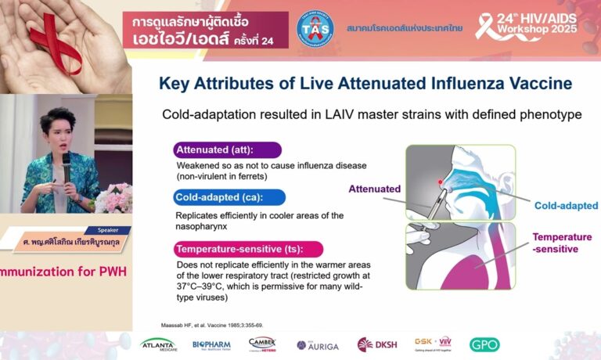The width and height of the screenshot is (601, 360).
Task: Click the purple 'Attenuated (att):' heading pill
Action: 227,150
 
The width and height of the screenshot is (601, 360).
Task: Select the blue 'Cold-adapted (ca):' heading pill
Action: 229,197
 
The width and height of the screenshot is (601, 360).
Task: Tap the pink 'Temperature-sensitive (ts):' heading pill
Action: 248,250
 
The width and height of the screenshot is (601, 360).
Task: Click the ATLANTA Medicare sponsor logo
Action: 158,344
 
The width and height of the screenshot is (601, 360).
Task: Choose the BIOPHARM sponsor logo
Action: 211,344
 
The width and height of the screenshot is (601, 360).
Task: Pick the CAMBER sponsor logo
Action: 262,344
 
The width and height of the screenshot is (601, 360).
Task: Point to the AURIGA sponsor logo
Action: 317,345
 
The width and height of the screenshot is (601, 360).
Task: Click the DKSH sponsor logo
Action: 376,344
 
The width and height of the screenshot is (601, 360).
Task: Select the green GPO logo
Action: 484,344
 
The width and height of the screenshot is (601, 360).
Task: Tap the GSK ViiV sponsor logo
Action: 434,344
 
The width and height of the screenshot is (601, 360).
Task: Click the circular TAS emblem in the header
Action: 315,28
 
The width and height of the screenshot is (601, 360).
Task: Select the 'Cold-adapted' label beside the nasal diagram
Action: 566,206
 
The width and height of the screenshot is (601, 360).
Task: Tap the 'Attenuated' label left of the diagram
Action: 375,189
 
